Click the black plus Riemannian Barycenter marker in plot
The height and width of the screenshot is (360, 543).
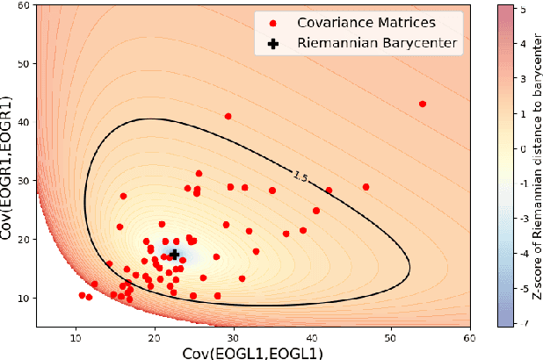click(174, 254)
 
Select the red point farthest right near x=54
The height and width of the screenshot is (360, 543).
click(423, 104)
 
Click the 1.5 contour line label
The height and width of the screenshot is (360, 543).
click(301, 177)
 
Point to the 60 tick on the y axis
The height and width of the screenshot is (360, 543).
click(26, 5)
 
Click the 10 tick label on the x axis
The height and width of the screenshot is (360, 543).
click(76, 335)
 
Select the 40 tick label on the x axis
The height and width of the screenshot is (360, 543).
click(313, 335)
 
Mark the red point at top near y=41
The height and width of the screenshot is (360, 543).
click(228, 116)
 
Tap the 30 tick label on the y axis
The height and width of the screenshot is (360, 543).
click(26, 181)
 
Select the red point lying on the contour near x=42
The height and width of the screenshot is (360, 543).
click(329, 190)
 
